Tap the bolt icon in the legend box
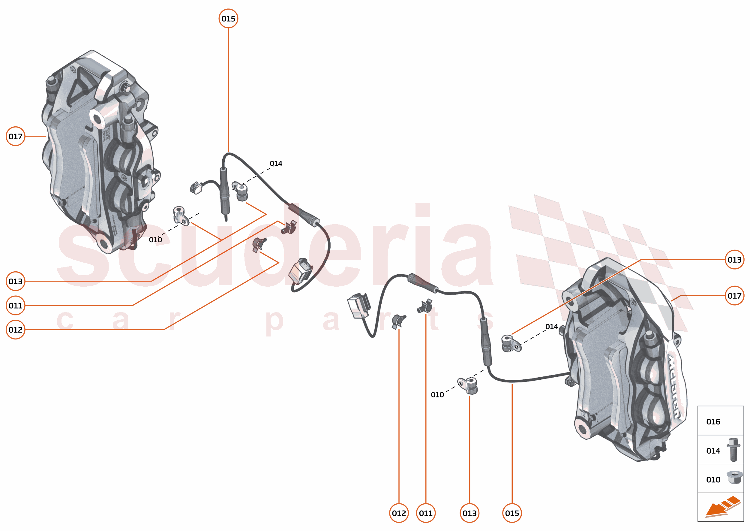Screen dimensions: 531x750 733,450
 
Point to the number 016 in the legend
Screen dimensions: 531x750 713,421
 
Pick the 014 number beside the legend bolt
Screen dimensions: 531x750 713,451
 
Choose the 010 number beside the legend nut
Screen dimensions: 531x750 713,480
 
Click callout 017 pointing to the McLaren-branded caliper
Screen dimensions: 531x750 734,296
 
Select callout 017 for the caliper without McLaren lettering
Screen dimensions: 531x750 15,136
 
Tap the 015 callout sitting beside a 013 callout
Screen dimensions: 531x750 512,513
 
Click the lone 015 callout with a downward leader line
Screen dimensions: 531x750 228,19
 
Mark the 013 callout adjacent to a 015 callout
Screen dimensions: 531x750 469,513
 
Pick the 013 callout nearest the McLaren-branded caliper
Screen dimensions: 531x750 734,260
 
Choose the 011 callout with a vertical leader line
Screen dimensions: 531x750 425,513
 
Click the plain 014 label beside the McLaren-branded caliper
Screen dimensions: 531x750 552,326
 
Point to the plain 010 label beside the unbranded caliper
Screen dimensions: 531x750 155,240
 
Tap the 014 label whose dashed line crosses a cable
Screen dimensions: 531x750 276,164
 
